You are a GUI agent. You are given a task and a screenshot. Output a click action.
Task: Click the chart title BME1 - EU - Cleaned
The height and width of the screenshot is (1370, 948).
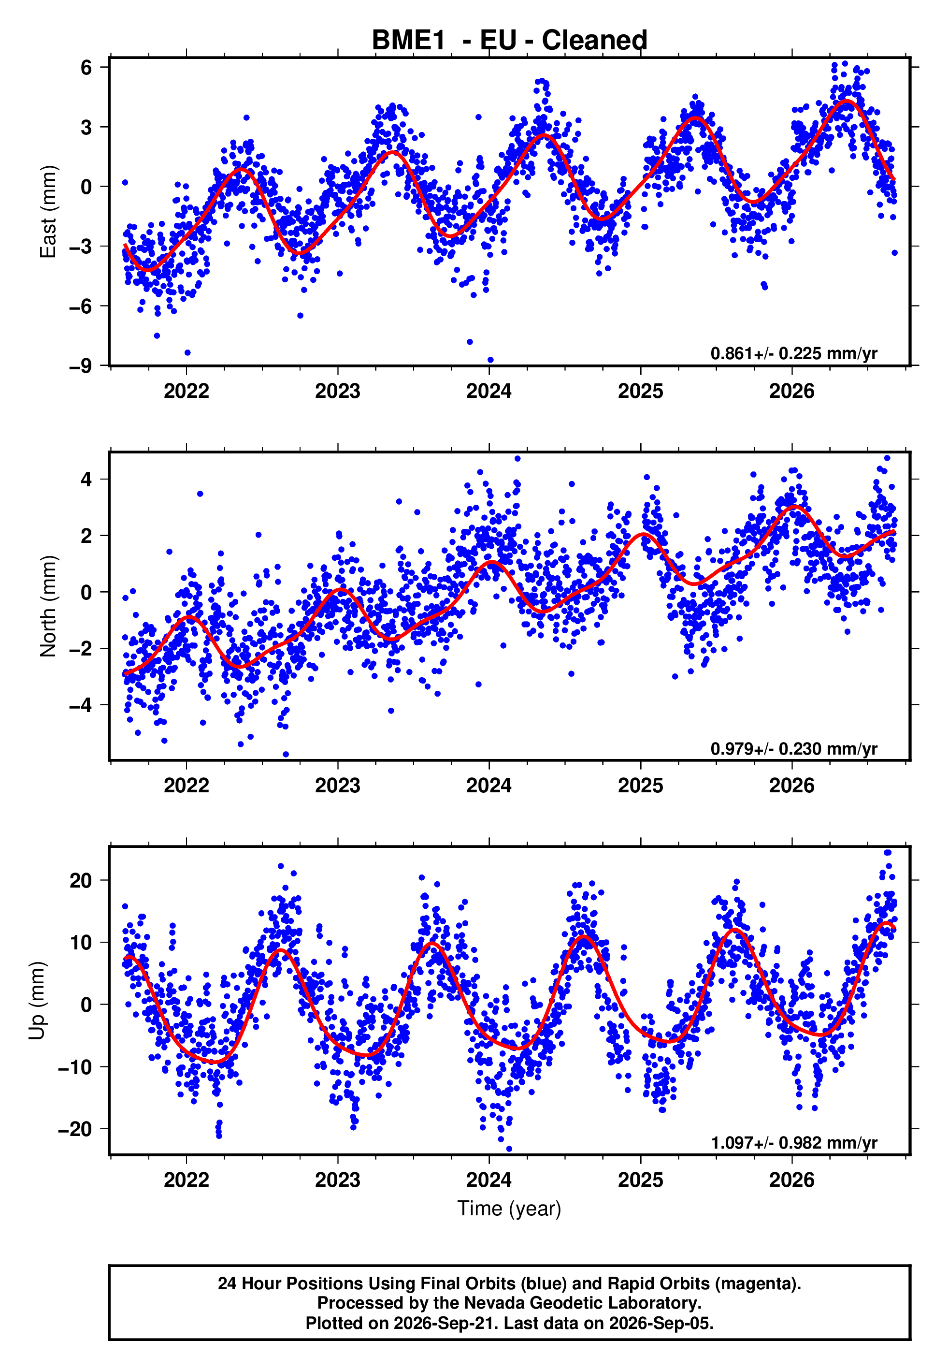click(509, 41)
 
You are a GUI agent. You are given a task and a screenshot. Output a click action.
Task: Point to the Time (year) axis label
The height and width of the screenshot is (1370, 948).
click(509, 1209)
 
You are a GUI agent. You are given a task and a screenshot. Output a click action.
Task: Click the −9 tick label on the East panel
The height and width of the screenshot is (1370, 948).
click(81, 366)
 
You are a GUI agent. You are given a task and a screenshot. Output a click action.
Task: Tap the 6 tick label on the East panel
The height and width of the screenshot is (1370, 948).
click(86, 67)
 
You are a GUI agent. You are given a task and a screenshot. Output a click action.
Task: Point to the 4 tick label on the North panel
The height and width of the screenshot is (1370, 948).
click(86, 479)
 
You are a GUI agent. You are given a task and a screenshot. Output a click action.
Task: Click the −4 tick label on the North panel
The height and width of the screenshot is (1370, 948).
click(81, 705)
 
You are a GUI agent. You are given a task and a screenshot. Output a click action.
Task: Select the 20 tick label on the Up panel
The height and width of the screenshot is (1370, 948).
click(81, 880)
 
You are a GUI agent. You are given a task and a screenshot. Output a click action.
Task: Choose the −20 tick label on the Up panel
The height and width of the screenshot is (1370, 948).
click(75, 1129)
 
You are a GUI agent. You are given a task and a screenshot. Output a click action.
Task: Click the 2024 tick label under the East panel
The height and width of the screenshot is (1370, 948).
click(489, 392)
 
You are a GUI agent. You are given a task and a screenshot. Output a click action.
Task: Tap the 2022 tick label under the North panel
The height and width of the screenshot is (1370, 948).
click(187, 786)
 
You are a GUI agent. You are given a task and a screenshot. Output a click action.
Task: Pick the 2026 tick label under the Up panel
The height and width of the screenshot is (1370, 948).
click(792, 1180)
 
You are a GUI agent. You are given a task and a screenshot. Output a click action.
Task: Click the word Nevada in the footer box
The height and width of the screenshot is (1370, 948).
click(492, 1303)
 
